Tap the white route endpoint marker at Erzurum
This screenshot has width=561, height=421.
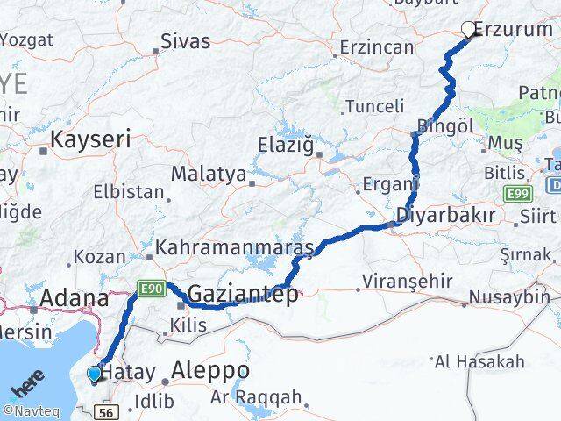[468, 29]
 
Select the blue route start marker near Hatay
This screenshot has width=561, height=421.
[95, 375]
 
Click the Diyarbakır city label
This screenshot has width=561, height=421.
[445, 215]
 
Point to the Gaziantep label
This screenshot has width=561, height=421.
[243, 294]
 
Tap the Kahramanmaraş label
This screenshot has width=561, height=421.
[235, 249]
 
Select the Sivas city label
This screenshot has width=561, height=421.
[186, 41]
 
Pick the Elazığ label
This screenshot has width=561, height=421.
[285, 145]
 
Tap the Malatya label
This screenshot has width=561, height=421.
[208, 174]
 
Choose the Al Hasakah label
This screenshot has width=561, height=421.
[480, 360]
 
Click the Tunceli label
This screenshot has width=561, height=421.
[375, 106]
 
